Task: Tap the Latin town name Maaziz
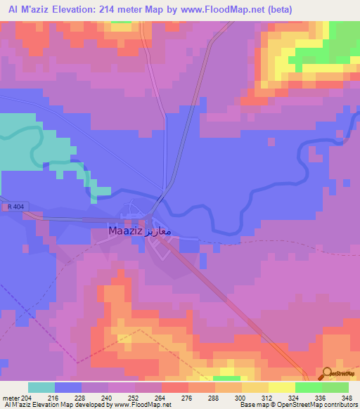[126, 230]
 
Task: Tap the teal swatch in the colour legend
[41, 387]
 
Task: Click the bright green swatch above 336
[308, 387]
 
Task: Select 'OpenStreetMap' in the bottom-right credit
[304, 405]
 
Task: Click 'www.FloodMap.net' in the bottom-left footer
[143, 405]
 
